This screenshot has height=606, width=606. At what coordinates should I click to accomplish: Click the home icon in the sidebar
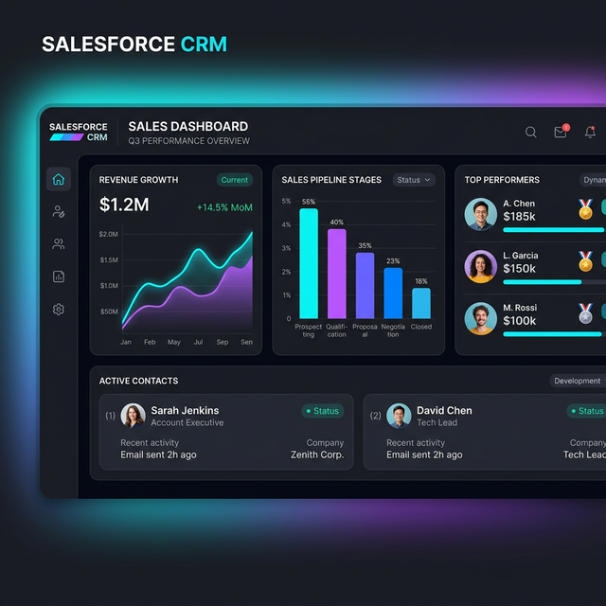(x=59, y=180)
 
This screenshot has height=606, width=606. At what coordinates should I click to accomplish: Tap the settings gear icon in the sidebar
(x=59, y=310)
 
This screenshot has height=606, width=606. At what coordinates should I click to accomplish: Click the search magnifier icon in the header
(x=531, y=133)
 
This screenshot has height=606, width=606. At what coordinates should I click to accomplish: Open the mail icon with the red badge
(x=561, y=133)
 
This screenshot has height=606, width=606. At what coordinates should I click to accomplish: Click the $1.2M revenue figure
(x=124, y=205)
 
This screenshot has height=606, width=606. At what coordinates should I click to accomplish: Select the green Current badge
(x=234, y=180)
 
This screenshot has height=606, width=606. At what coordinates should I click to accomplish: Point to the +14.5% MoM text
(x=224, y=207)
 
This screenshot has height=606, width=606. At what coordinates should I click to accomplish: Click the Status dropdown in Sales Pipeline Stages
(x=414, y=180)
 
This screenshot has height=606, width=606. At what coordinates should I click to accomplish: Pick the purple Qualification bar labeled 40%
(x=337, y=274)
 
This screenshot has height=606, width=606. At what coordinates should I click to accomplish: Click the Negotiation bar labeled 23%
(x=393, y=293)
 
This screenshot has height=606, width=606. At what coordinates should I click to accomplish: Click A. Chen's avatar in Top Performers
(x=481, y=215)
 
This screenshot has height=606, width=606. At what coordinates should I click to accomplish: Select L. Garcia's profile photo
(x=481, y=266)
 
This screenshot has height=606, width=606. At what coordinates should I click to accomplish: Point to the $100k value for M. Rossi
(x=520, y=321)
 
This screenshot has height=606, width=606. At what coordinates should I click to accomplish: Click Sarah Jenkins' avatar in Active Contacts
(x=134, y=416)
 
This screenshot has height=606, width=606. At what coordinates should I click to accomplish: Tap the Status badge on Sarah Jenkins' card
(x=323, y=411)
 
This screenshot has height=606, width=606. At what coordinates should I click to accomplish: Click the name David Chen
(x=444, y=410)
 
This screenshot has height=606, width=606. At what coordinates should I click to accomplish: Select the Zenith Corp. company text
(x=317, y=454)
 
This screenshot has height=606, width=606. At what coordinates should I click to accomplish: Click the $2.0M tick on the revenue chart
(x=108, y=234)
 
